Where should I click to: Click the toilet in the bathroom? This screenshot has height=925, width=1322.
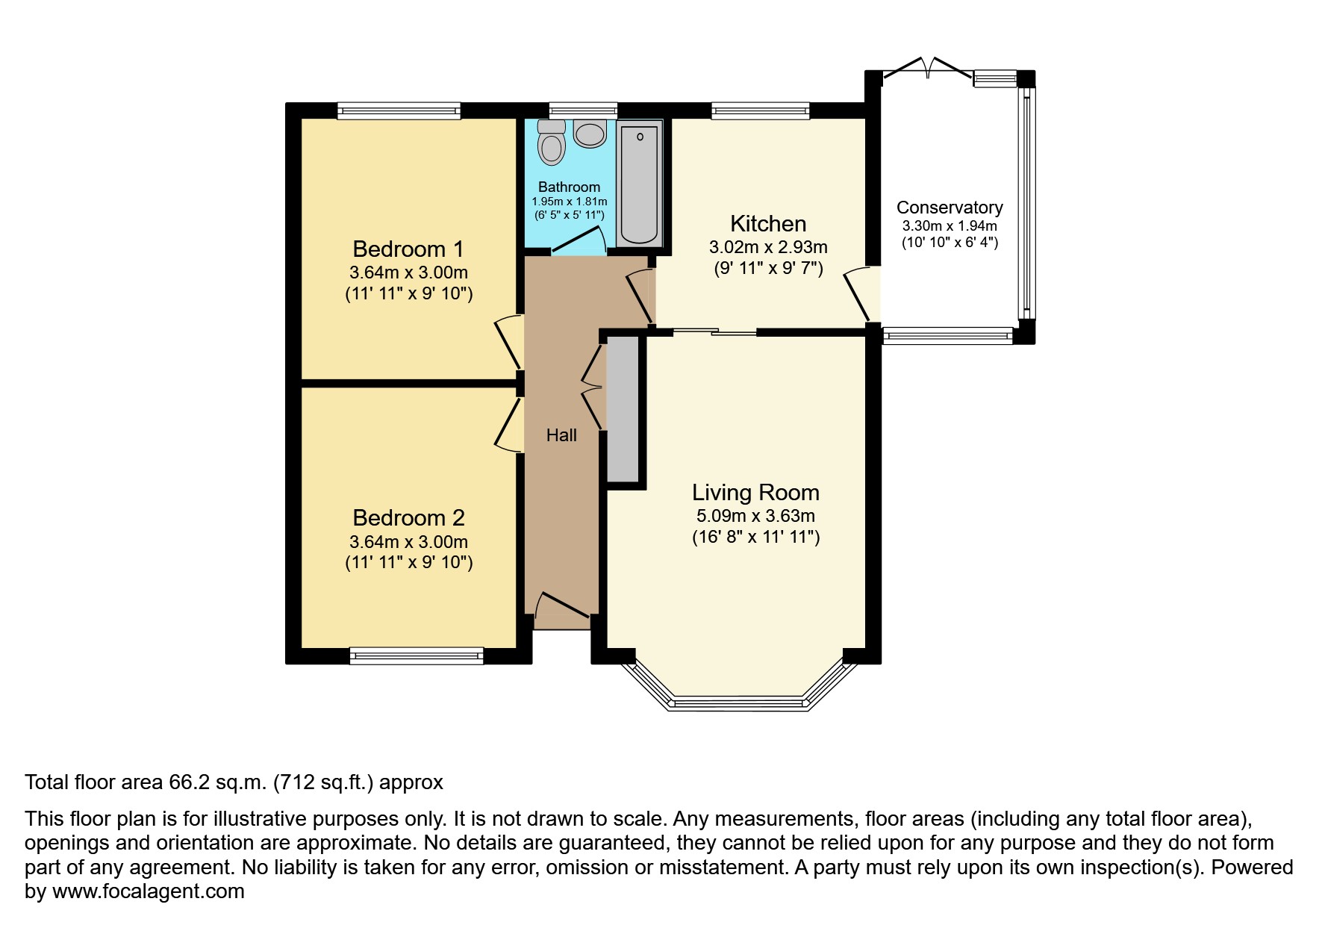point(552,143)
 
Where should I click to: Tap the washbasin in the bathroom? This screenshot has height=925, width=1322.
point(590,135)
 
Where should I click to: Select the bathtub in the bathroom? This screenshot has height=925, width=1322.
point(640,183)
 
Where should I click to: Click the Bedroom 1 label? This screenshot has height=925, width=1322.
point(408,249)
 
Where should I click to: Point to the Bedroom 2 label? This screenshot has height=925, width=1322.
point(408,517)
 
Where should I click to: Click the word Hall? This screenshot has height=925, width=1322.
point(561,435)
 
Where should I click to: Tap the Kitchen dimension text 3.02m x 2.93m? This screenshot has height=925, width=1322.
point(768,247)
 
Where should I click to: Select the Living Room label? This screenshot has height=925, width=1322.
point(755,493)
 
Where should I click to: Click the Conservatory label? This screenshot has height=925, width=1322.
point(950,208)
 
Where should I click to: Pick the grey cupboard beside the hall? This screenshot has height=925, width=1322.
point(623,408)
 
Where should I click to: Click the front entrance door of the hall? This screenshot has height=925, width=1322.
point(562,606)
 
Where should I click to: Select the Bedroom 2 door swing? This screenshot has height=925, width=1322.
point(508,426)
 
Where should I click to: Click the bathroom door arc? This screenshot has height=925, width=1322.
point(582,240)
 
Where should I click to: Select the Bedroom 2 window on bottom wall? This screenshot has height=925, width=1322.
point(417,656)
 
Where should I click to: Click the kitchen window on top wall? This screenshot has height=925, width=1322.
point(760,111)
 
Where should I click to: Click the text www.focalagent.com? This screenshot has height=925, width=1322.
point(148,891)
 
